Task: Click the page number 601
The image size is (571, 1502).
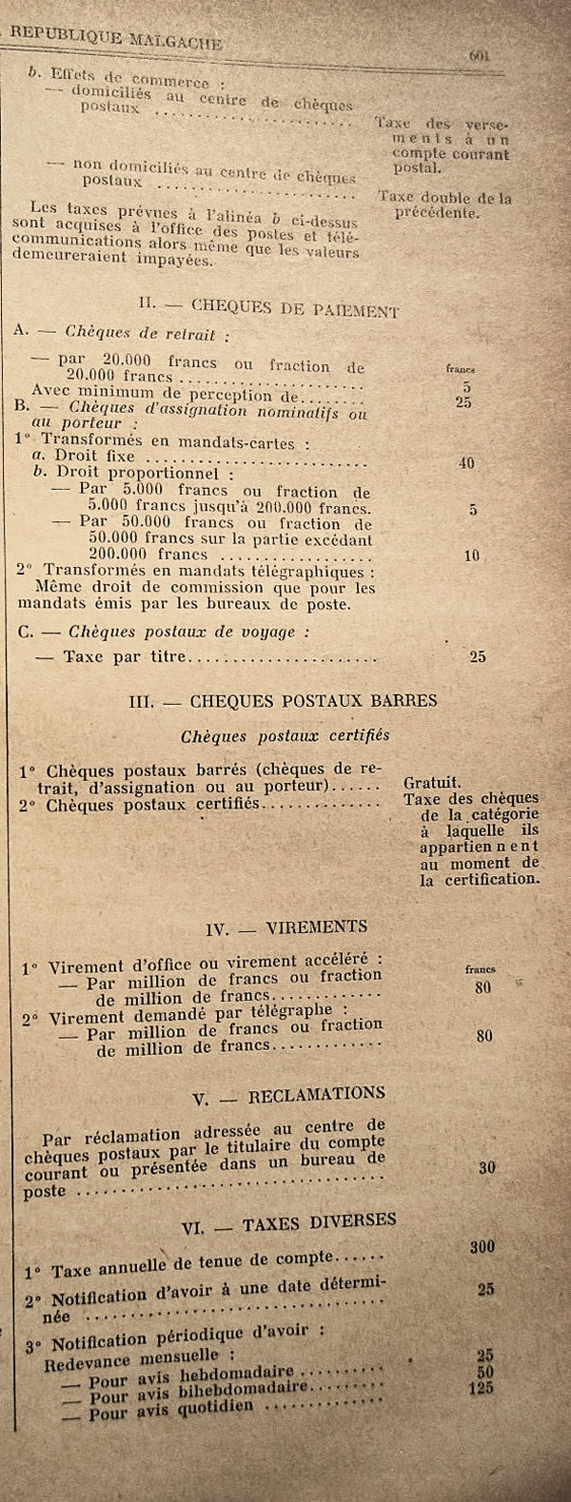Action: [479, 55]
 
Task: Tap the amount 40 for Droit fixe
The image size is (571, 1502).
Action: [465, 463]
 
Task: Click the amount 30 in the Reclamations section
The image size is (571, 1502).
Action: [486, 1166]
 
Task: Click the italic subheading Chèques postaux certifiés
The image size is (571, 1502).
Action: [285, 735]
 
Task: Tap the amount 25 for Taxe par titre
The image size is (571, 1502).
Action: [478, 656]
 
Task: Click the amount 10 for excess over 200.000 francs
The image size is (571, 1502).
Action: [472, 556]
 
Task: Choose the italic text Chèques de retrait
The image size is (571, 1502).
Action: [147, 334]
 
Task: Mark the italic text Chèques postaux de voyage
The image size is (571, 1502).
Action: [181, 632]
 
